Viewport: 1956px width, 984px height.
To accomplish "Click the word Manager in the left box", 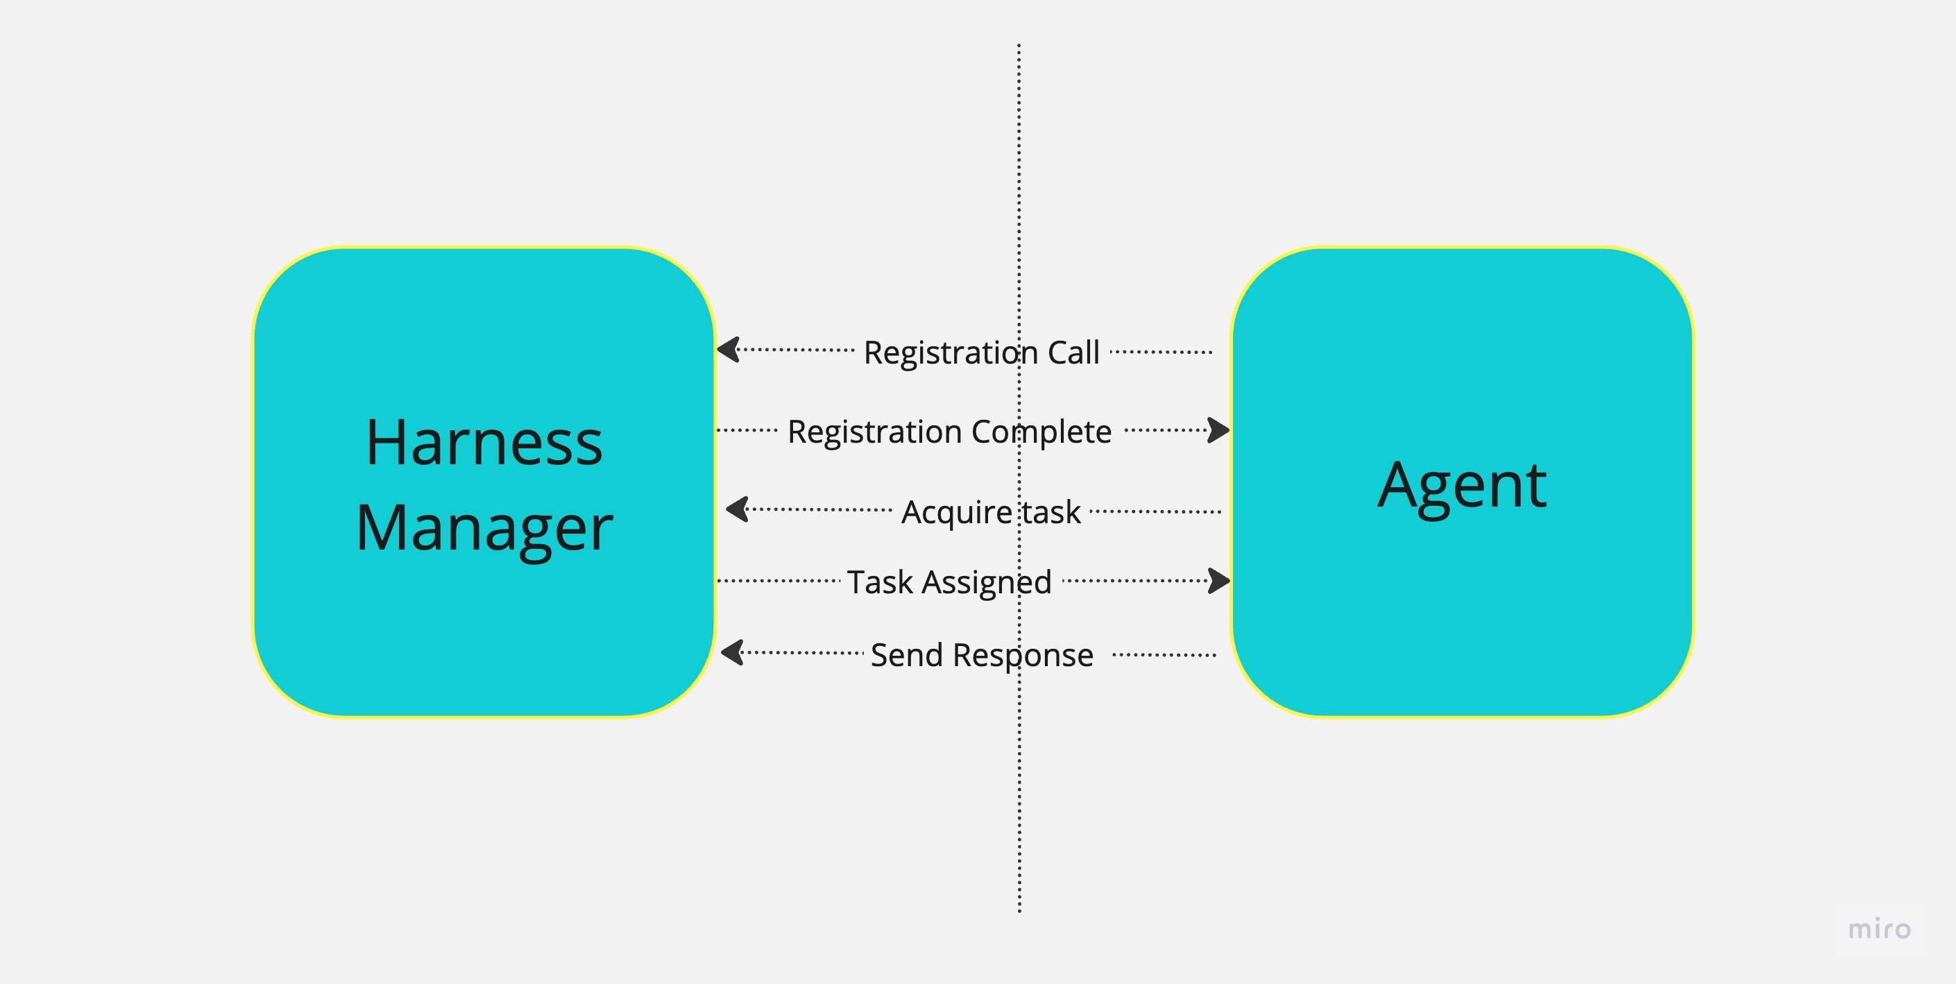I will tap(484, 529).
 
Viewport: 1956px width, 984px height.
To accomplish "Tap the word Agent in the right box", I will tap(1462, 485).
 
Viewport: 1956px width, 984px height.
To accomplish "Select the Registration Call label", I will tap(981, 353).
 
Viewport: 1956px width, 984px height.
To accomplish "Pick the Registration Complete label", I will tap(949, 431).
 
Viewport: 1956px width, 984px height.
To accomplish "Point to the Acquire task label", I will tap(990, 511).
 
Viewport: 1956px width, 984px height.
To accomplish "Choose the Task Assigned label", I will tap(949, 582).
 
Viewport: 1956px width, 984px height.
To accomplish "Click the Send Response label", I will tap(981, 654).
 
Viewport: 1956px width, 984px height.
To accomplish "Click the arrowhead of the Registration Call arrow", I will tap(729, 350).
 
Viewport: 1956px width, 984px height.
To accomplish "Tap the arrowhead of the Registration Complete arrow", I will tap(1218, 430).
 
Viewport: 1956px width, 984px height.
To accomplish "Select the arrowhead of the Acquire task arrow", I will tap(738, 509).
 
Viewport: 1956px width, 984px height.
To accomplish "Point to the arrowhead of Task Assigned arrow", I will tap(1218, 581).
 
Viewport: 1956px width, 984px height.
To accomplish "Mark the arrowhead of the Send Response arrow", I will tap(733, 652).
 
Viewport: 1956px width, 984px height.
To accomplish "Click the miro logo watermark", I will tap(1879, 928).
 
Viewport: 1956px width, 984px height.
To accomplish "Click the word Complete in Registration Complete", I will tap(1041, 431).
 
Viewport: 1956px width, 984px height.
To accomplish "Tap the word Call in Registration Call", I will tap(1073, 353).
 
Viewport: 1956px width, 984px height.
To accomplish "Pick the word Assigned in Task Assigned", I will tap(987, 582).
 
